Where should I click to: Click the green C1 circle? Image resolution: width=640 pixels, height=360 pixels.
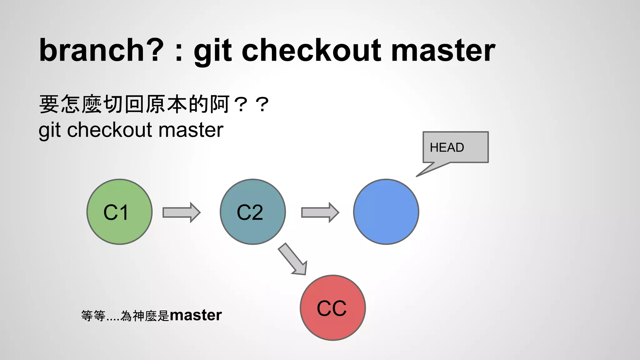pos(119,212)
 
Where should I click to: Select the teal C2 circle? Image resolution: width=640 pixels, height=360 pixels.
pos(252,212)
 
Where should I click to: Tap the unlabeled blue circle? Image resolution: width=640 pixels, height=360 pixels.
pos(386,212)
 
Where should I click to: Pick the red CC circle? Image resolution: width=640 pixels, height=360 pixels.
pos(332,308)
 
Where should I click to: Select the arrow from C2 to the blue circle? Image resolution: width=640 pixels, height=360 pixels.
pos(320,212)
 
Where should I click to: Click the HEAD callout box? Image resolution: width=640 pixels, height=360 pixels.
pos(455,147)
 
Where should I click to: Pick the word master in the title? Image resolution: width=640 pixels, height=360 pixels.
pos(443,50)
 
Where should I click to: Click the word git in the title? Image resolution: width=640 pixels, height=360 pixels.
pos(212,50)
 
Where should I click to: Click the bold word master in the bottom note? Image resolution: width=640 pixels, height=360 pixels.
pos(196,315)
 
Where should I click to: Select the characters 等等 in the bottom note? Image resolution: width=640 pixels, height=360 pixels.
pos(93,316)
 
